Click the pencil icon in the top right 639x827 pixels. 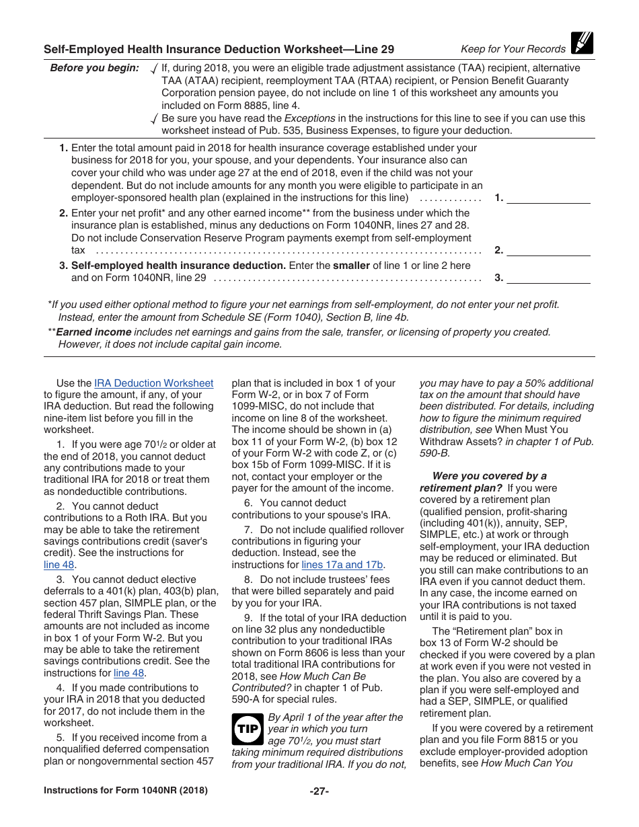coord(582,44)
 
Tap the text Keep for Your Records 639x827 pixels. coord(513,49)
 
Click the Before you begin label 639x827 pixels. coord(94,68)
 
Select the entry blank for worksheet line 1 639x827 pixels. coord(548,198)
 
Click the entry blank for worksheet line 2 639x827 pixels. coord(548,250)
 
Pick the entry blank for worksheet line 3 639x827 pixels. coord(548,278)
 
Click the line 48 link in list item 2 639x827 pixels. coord(59,565)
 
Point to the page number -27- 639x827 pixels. coord(319,791)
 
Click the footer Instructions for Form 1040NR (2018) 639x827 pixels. coord(126,791)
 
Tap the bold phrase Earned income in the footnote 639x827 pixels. coord(93,332)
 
